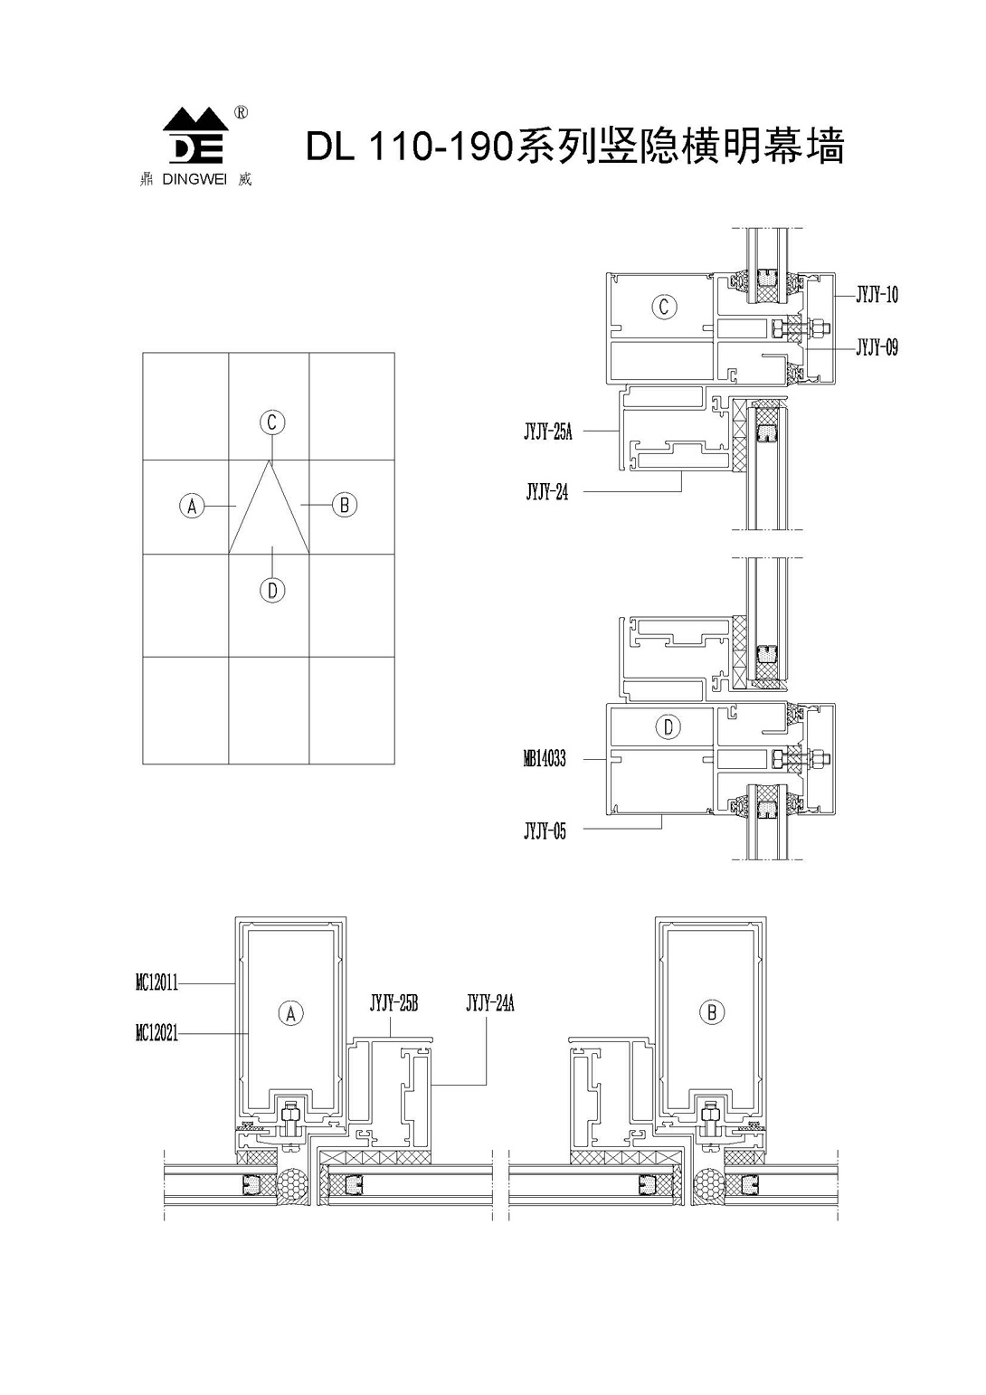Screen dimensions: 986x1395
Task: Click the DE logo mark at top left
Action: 196,137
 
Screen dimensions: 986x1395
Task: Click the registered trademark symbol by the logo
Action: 242,113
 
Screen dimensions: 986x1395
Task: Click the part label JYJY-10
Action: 877,295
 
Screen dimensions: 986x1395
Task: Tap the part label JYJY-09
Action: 877,347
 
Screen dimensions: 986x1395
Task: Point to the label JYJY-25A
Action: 547,432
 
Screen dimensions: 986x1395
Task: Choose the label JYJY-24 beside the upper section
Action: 547,493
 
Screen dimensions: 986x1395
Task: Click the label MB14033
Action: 545,759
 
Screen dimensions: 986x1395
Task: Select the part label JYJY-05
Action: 545,831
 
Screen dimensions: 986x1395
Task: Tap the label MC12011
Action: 157,982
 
